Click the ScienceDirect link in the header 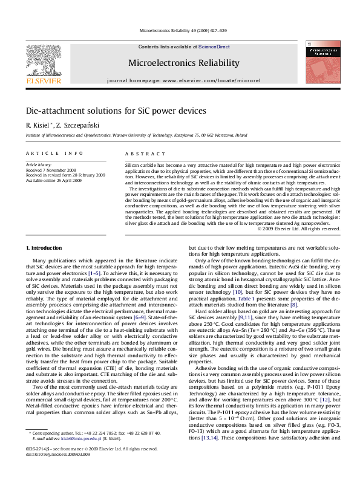(x=214, y=47)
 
